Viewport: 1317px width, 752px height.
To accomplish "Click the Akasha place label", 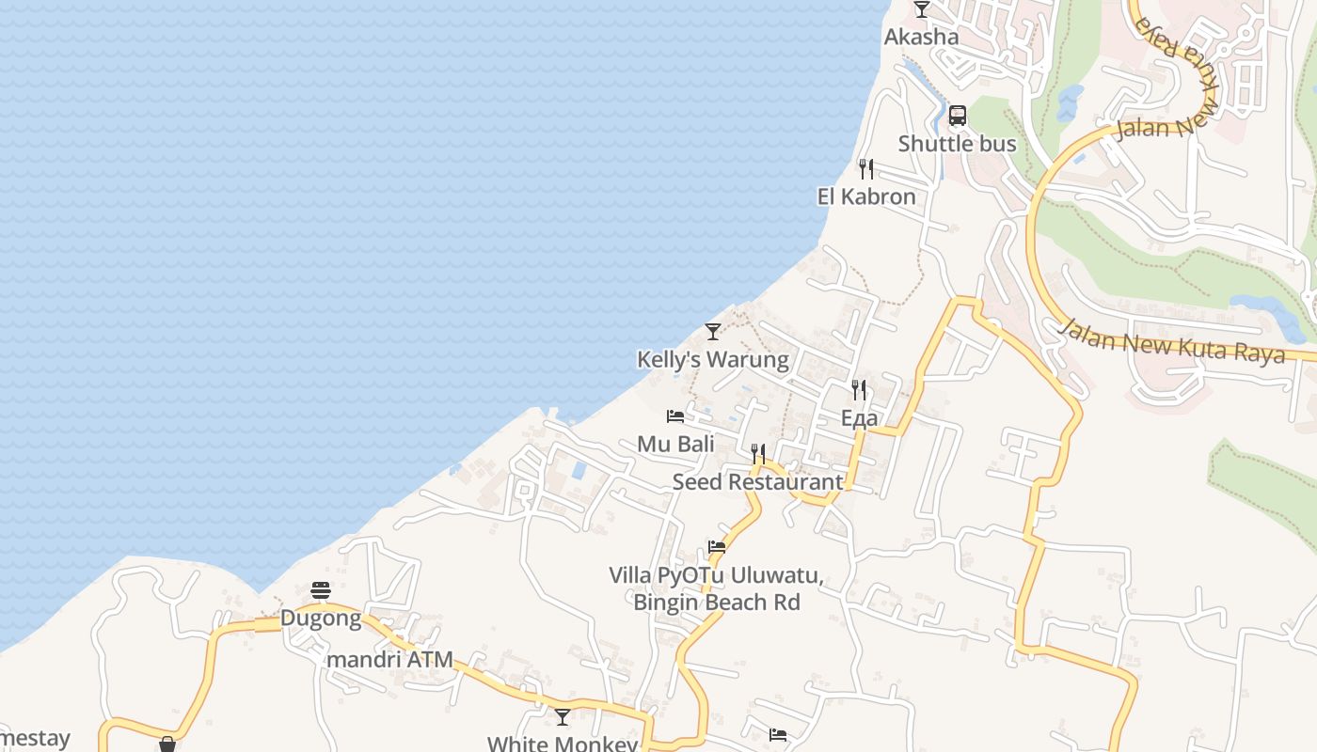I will [x=921, y=38].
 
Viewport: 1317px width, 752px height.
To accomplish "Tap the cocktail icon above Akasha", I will [x=921, y=9].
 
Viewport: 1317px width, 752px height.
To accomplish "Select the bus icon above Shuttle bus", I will [x=957, y=116].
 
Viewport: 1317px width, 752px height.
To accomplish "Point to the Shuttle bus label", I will [x=957, y=144].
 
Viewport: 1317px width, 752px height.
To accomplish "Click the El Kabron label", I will [x=865, y=197].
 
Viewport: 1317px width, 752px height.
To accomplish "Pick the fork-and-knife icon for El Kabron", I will [x=865, y=169].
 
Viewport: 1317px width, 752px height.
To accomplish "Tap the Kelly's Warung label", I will [x=712, y=360].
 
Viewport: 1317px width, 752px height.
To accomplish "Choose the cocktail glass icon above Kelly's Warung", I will [x=712, y=332].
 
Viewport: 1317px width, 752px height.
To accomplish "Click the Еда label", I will [x=859, y=418].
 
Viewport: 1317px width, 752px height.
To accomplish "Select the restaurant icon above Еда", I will [x=859, y=389].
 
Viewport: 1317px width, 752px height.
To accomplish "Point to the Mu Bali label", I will [x=675, y=444].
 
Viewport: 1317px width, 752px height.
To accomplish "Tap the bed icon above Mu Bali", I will [x=674, y=415].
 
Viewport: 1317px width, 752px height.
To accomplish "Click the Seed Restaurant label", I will [x=757, y=482].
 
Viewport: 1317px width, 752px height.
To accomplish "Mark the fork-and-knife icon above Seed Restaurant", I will [x=757, y=454].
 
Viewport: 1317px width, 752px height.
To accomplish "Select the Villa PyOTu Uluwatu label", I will [x=716, y=588].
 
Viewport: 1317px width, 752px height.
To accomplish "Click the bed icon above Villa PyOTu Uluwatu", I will [x=717, y=546].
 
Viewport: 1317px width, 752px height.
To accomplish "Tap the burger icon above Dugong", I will [x=321, y=590].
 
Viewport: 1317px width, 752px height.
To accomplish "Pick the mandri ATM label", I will [x=389, y=660].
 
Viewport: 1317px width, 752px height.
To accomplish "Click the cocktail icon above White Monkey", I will [x=563, y=717].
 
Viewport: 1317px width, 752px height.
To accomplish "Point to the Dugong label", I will [x=321, y=619].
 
